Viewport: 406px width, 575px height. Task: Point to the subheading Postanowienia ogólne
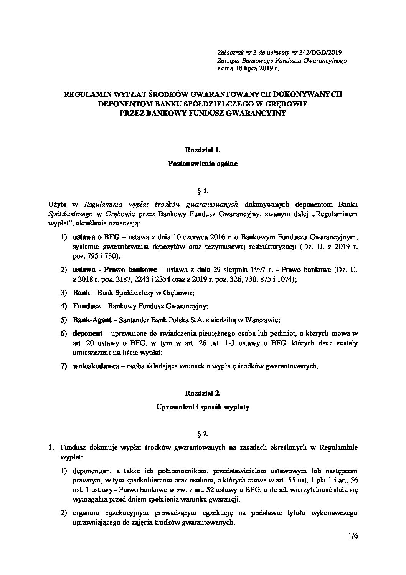point(203,164)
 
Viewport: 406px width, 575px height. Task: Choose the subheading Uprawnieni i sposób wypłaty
point(203,407)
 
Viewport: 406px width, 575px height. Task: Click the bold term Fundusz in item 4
point(86,306)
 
